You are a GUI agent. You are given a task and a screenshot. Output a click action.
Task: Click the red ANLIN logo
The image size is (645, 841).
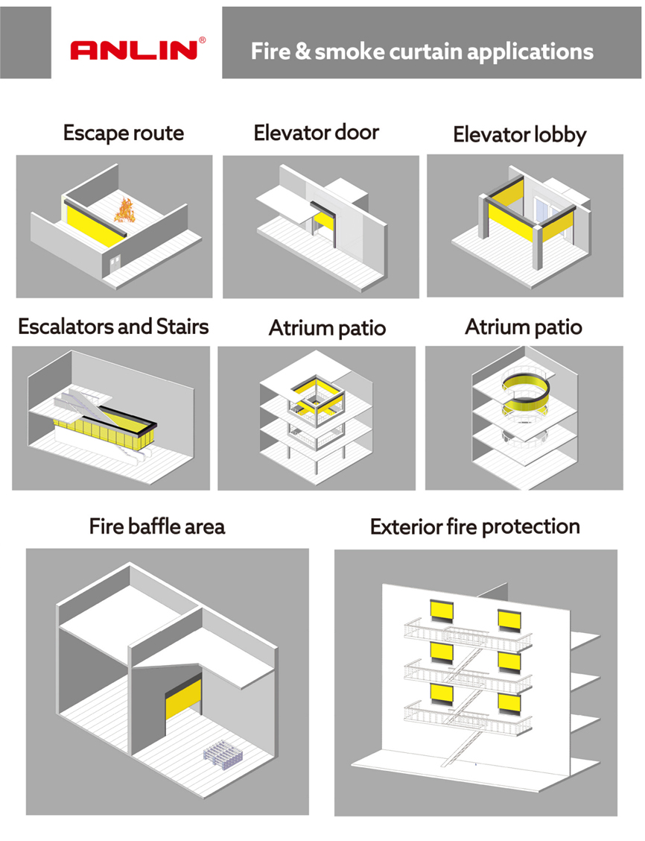(x=134, y=50)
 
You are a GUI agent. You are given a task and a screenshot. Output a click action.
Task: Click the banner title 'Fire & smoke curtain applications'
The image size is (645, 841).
(x=422, y=51)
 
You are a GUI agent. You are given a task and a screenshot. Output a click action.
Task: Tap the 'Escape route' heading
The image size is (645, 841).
(x=124, y=133)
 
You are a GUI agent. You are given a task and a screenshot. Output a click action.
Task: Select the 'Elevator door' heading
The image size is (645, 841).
(x=316, y=133)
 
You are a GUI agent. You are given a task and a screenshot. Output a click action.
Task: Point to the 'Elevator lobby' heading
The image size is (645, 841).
(x=520, y=135)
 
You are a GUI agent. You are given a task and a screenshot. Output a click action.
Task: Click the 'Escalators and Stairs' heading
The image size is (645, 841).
(x=113, y=326)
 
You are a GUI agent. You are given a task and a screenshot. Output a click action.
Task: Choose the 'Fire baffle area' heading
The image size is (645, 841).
(x=157, y=526)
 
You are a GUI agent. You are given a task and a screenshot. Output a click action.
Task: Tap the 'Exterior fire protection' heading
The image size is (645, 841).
(x=475, y=526)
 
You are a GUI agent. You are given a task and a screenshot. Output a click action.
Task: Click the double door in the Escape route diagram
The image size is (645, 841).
(x=115, y=264)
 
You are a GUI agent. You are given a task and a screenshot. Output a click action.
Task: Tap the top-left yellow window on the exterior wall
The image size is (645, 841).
(x=442, y=611)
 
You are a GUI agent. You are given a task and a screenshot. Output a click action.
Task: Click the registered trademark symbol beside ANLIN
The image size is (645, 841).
(x=202, y=40)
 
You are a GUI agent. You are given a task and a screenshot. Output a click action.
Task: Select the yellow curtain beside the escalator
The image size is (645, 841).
(x=104, y=432)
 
